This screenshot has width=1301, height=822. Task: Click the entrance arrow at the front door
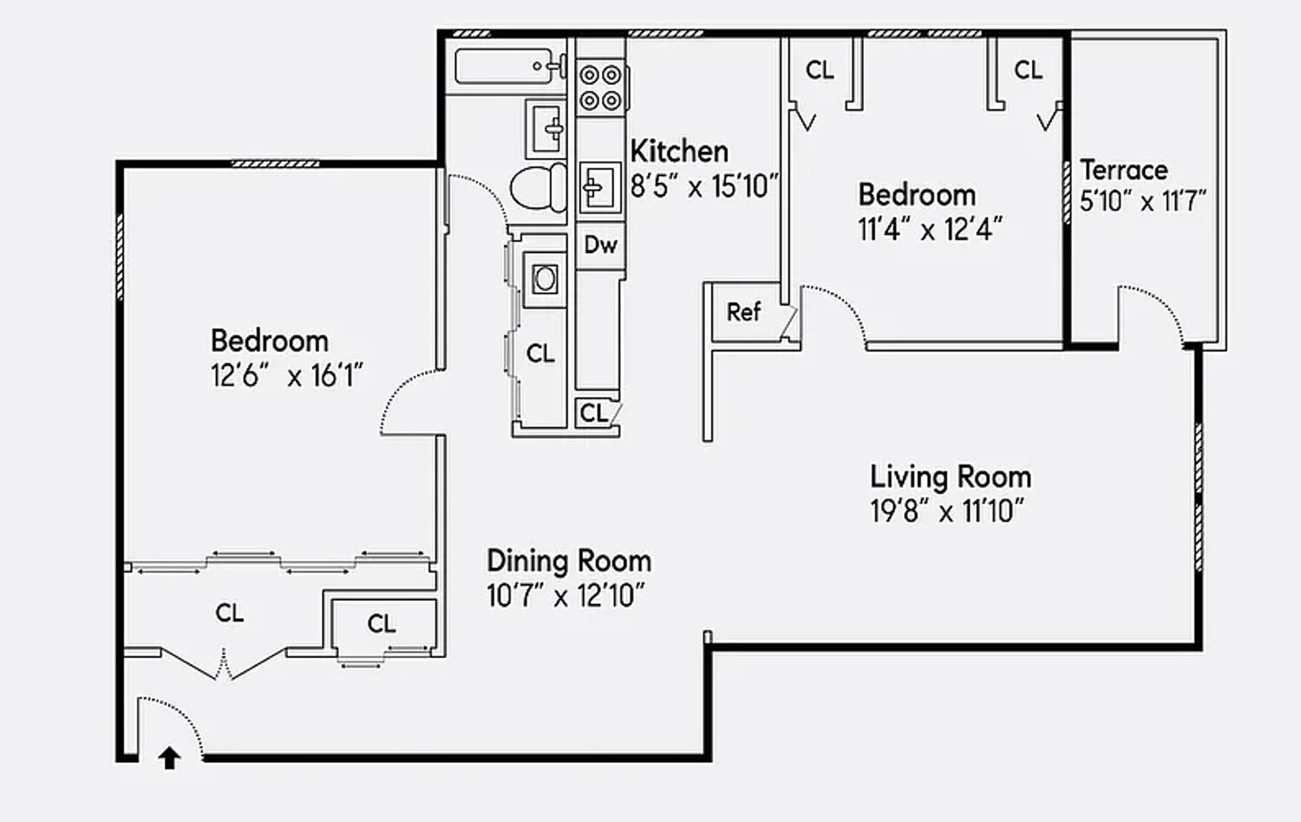point(169,759)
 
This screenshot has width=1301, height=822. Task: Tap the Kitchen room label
point(679,151)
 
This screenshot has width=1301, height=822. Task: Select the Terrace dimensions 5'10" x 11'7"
point(1142,202)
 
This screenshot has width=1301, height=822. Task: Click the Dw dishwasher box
point(600,245)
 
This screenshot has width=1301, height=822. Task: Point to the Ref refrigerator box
point(743,311)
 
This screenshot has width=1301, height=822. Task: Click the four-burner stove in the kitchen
point(600,88)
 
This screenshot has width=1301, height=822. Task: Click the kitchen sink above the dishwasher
point(598,187)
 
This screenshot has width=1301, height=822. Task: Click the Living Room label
point(951,477)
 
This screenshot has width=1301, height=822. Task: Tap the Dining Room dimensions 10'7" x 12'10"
point(566,597)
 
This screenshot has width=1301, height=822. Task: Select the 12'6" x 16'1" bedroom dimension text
point(286,376)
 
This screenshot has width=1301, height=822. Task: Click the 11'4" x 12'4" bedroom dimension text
point(930,230)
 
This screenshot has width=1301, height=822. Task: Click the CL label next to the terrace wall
point(1028,69)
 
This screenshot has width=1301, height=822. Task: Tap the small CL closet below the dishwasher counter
point(595,413)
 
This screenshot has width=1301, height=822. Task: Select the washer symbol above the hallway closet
point(545,279)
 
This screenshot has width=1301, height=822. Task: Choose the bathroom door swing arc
point(481,198)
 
